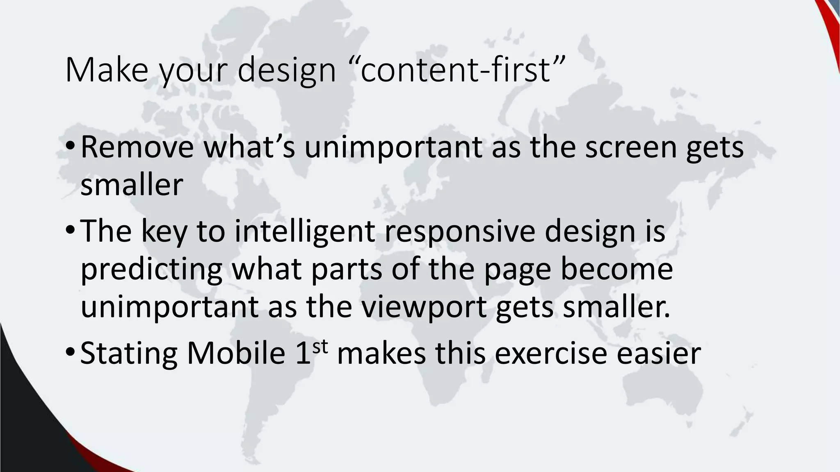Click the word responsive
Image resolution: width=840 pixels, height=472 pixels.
(460, 231)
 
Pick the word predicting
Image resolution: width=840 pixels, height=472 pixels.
(151, 270)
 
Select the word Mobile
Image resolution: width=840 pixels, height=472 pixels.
(236, 353)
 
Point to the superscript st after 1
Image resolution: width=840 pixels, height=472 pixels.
(320, 346)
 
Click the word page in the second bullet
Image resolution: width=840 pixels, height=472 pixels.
(517, 270)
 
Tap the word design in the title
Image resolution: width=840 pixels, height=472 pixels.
(287, 70)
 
